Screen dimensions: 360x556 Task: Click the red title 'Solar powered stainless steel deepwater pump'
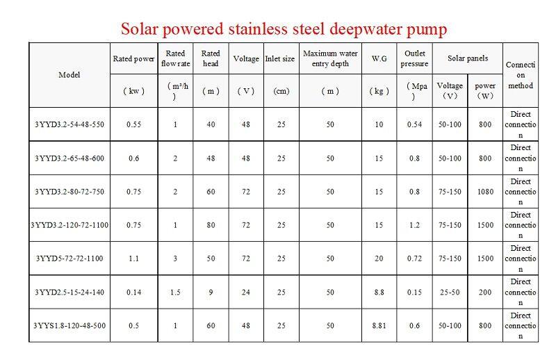coord(284,28)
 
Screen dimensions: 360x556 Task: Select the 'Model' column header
coord(69,74)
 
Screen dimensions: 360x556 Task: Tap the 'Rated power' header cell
coord(133,59)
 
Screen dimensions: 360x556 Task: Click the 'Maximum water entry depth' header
coord(330,58)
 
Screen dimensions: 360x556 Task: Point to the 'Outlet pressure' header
coord(414,58)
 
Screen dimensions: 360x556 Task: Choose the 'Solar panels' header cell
coord(467,58)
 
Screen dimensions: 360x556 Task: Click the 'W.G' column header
coord(379,59)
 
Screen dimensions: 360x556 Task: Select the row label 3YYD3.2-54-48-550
coord(69,124)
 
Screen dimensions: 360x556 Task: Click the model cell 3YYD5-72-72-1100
coord(69,259)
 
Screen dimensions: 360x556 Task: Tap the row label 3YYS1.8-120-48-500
coord(69,325)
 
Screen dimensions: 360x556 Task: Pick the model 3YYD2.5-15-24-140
coord(69,292)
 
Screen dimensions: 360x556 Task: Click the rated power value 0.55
coord(133,124)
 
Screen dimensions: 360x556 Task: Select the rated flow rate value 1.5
coord(175,292)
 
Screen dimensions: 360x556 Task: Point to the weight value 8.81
coord(379,325)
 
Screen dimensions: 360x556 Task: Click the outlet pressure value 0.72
coord(414,259)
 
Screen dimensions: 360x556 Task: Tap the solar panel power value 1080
coord(484,192)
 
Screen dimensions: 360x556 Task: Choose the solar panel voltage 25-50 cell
coord(450,292)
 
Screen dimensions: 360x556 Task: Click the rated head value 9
coord(211,292)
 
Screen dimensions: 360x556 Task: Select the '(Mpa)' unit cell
coord(415,91)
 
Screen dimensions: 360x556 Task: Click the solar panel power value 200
coord(484,292)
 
